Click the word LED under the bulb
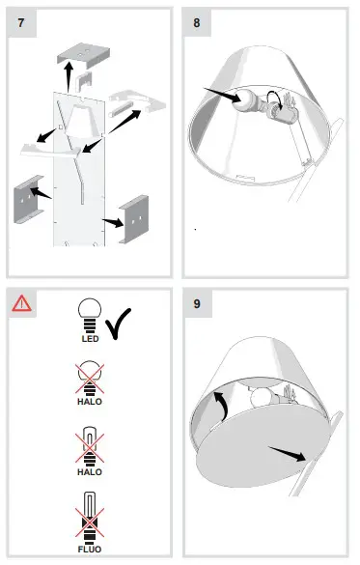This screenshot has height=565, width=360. point(90,339)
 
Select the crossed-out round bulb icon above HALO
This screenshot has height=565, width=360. point(90,375)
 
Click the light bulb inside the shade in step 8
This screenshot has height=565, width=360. point(248,105)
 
